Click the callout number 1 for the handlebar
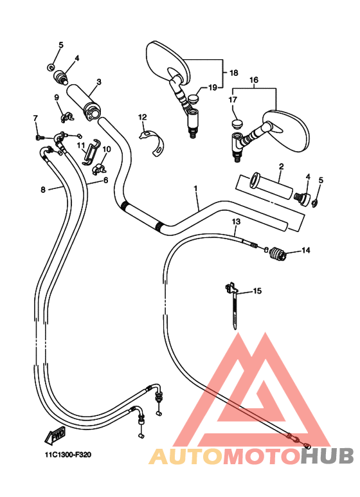pos(195,188)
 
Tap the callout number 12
pos(143,117)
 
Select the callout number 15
pos(257,291)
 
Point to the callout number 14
pos(306,250)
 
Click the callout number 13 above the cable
pos(236,222)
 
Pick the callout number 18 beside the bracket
pos(234,73)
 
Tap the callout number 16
pos(254,80)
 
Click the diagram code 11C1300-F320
pos(67,455)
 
